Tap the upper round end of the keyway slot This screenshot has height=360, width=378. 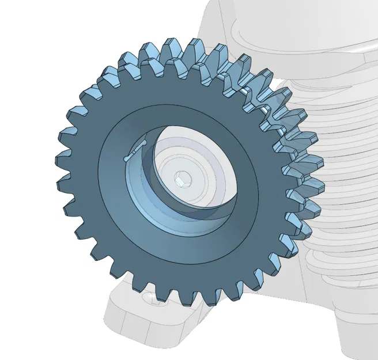pyautogui.click(x=145, y=143)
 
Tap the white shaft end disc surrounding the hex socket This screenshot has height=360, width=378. pyautogui.click(x=199, y=173)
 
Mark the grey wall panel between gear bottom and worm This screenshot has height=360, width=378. pyautogui.click(x=271, y=288)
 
